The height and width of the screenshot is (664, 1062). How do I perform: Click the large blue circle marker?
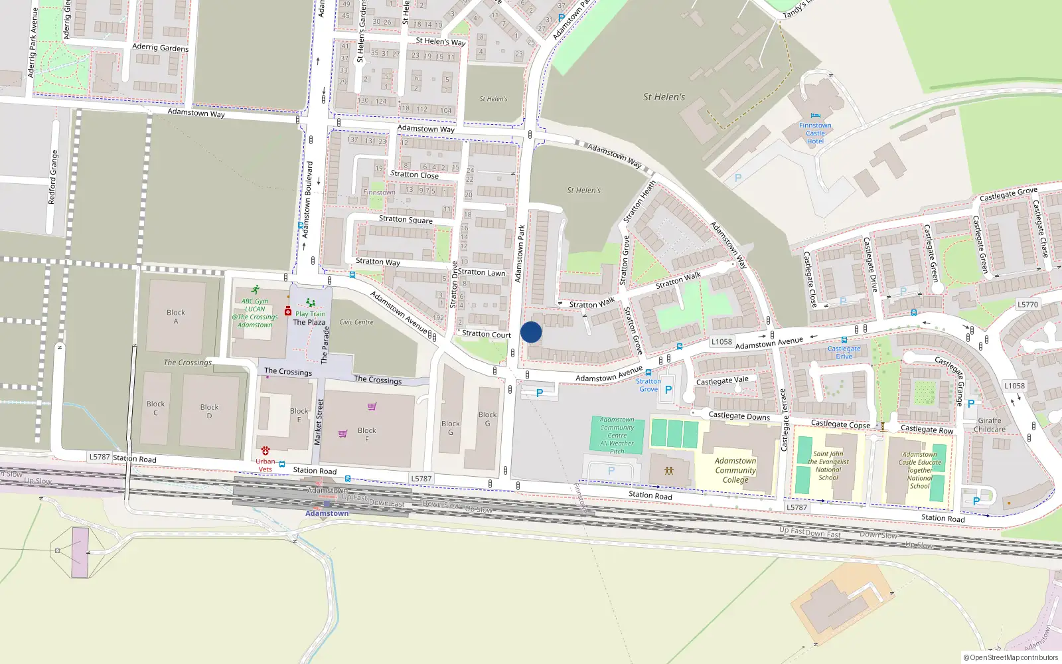click(x=531, y=332)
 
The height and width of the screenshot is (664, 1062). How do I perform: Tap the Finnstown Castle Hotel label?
click(x=815, y=133)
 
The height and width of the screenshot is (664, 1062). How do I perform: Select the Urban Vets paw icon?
click(x=265, y=450)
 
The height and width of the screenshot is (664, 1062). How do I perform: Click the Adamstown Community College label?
click(x=735, y=470)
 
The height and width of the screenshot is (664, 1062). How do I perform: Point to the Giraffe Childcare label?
click(x=989, y=425)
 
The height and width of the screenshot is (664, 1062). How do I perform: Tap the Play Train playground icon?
click(x=310, y=303)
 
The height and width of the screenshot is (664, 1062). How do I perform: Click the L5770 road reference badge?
click(x=1027, y=305)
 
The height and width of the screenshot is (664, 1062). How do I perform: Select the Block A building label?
click(x=176, y=317)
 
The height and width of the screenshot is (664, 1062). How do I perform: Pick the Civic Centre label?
click(x=356, y=322)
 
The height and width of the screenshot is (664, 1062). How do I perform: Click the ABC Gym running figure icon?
click(x=256, y=290)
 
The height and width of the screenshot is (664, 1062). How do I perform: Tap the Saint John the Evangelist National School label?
click(x=828, y=465)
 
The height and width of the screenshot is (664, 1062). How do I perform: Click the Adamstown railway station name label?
click(x=327, y=513)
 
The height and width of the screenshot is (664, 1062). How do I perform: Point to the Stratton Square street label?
click(x=406, y=219)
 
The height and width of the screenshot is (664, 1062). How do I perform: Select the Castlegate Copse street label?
click(x=840, y=424)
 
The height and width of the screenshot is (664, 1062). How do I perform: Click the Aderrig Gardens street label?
click(x=160, y=47)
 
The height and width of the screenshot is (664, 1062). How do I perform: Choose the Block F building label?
click(x=366, y=434)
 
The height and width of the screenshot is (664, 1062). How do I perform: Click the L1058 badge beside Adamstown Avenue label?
click(x=721, y=342)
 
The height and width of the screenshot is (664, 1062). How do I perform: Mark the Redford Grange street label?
click(x=53, y=177)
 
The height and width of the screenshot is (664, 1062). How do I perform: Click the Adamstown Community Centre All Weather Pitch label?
click(x=617, y=436)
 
